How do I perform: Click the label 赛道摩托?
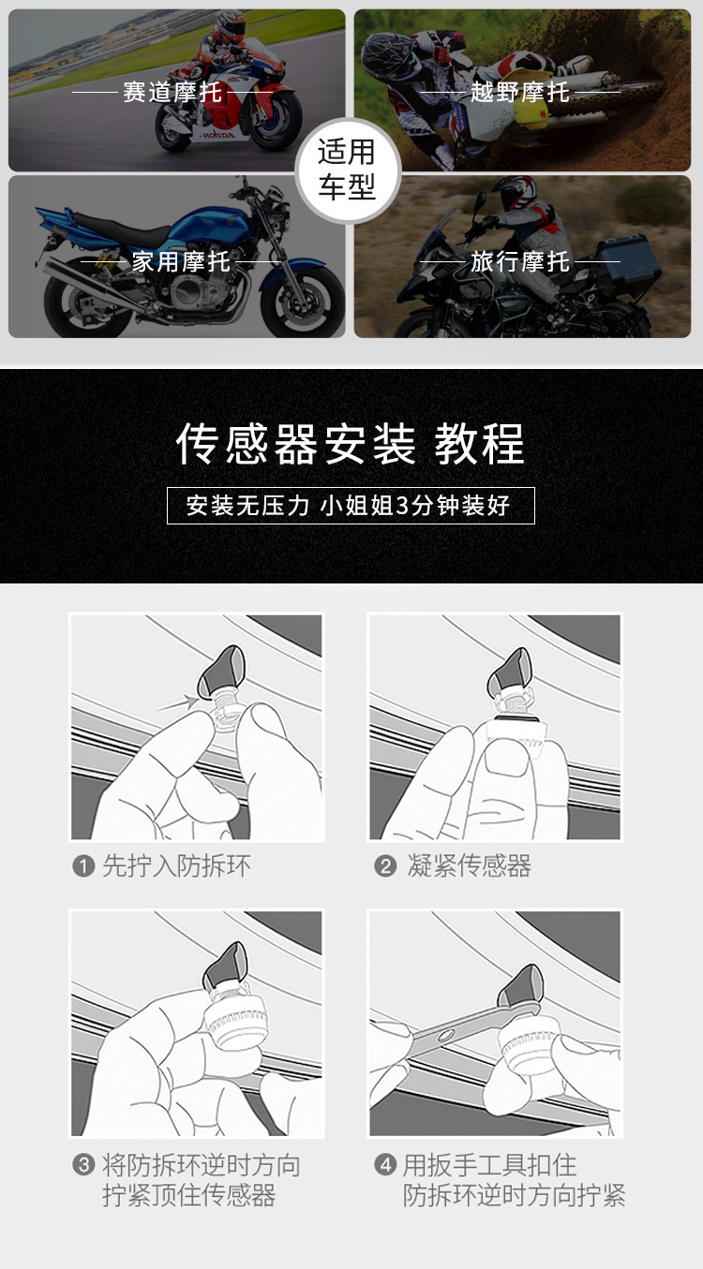click(x=173, y=93)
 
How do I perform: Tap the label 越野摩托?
click(x=520, y=92)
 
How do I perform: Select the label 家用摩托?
click(x=181, y=261)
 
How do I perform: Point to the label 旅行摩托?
click(x=520, y=261)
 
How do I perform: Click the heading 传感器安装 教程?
click(x=351, y=444)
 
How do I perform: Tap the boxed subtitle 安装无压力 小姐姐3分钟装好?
click(x=350, y=506)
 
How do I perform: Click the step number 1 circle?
click(x=83, y=866)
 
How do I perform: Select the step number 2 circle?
click(x=384, y=866)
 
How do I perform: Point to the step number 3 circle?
click(x=83, y=1165)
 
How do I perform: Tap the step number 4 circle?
click(x=384, y=1165)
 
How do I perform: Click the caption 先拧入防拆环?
click(x=176, y=866)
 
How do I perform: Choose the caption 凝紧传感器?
click(x=469, y=866)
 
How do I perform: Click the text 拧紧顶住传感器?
click(x=189, y=1196)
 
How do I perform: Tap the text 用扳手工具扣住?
click(x=489, y=1165)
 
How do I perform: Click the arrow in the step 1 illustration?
click(x=178, y=702)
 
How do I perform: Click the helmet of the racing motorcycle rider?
click(x=230, y=22)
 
